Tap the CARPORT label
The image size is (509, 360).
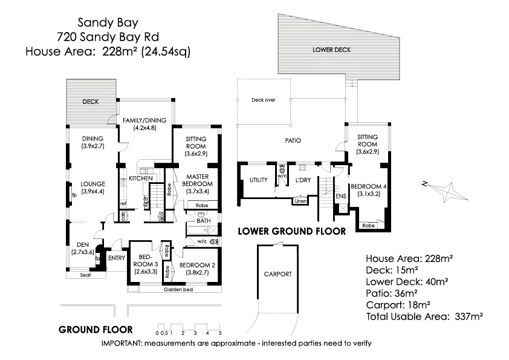[x=278, y=274]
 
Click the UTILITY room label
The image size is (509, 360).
[x=259, y=180]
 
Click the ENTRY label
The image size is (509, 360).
[x=116, y=258]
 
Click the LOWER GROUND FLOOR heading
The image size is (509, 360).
[x=291, y=231]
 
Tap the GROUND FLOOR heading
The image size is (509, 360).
[x=96, y=330]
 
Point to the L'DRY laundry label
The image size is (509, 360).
[x=302, y=180]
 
